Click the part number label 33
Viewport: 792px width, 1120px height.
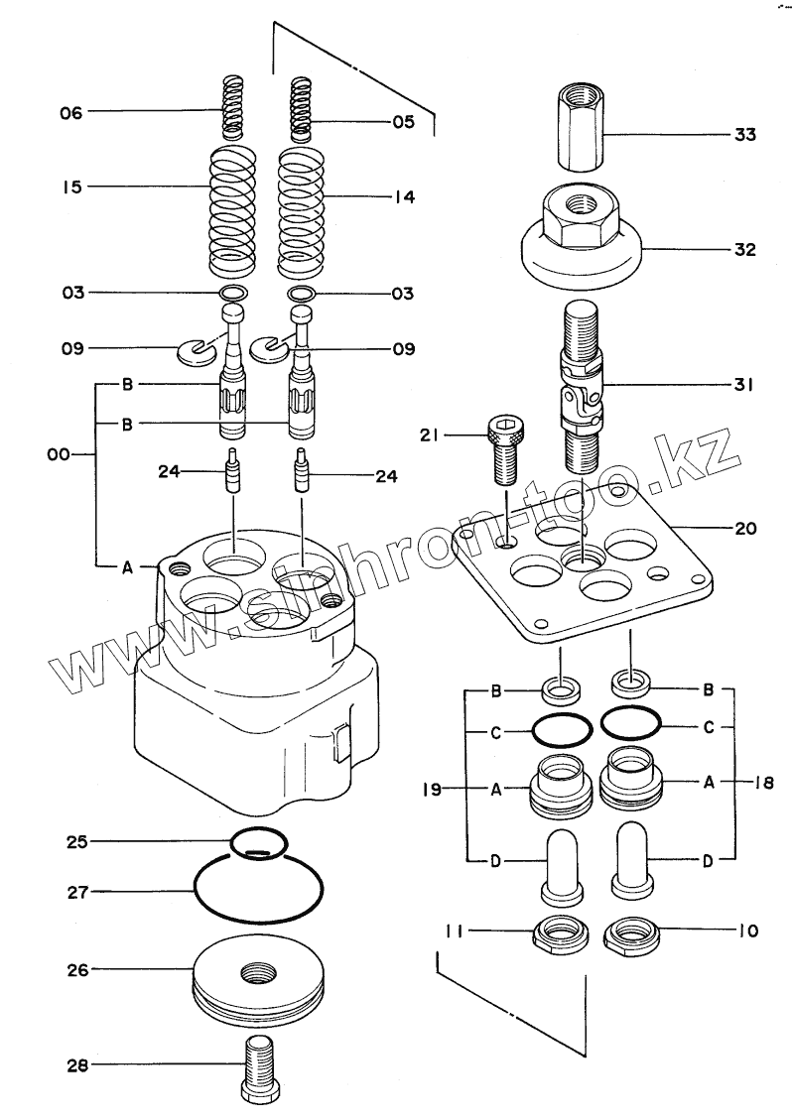point(743,135)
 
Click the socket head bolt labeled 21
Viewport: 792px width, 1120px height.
point(505,447)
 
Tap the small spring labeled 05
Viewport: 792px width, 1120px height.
point(301,109)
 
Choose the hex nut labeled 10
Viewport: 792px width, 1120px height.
point(630,933)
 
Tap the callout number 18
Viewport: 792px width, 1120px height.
point(761,782)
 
